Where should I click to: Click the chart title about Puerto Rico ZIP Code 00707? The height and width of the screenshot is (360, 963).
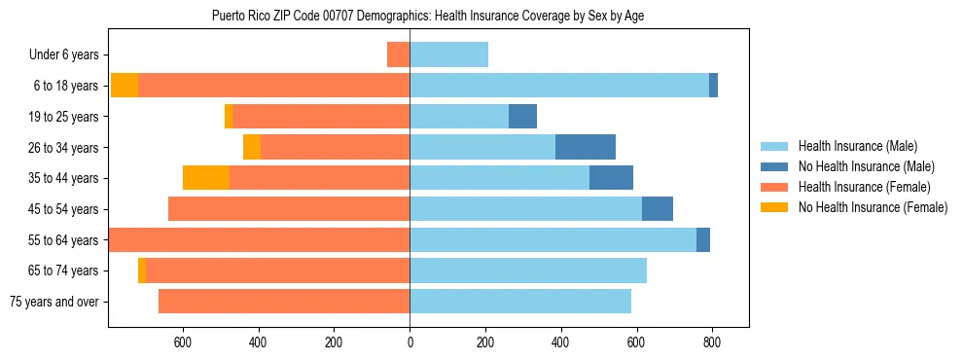tap(428, 16)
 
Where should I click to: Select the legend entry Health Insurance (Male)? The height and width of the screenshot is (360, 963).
tap(857, 146)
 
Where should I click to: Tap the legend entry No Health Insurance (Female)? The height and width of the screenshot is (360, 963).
tap(873, 207)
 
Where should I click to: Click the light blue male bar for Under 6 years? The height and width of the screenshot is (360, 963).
tap(448, 54)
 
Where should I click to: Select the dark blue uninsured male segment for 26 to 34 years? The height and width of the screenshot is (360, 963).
tap(585, 147)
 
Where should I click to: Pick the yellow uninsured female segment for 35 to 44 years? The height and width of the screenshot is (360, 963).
tap(206, 178)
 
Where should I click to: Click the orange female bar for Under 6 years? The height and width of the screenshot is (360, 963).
tap(398, 54)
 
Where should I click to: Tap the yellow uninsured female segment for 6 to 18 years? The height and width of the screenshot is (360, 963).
tap(125, 86)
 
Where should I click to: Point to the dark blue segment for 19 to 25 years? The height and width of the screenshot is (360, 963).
tap(522, 116)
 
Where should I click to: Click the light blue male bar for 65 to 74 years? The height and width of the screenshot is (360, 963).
tap(528, 270)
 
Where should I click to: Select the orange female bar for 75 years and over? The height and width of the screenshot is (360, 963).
tap(284, 302)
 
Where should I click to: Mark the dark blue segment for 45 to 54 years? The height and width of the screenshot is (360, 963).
tap(658, 209)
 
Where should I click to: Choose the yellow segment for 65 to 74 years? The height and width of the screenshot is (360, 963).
tap(142, 270)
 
